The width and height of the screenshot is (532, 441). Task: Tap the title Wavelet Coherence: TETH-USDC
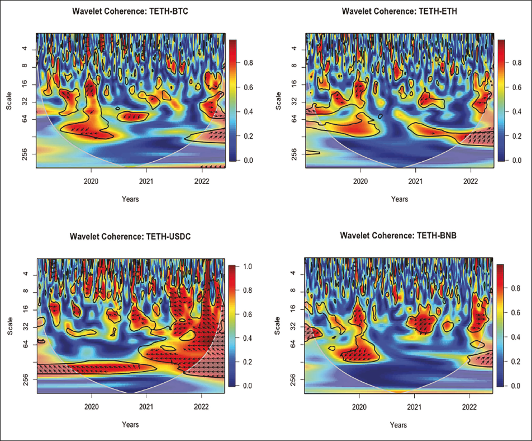[x=130, y=236]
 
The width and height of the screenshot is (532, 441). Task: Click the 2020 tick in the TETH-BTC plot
[x=91, y=181]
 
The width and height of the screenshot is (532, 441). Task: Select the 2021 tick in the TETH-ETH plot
[x=415, y=181]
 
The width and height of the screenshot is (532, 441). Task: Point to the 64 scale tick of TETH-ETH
[x=295, y=119]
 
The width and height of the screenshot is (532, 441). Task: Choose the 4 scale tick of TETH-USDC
[x=26, y=274]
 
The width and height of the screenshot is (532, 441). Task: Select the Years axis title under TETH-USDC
[x=130, y=425]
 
